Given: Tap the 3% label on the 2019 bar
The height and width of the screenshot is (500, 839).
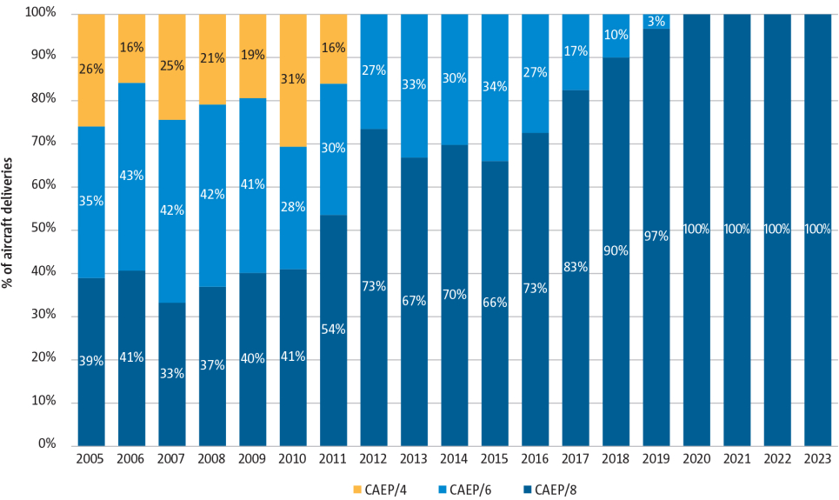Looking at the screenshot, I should [656, 21].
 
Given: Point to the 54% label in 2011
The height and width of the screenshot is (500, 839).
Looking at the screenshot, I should [333, 329].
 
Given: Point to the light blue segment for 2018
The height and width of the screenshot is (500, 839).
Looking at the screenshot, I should [616, 36].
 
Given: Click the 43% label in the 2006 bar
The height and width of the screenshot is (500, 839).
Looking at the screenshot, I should [131, 175].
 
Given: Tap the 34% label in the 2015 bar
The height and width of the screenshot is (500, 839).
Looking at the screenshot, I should [495, 87].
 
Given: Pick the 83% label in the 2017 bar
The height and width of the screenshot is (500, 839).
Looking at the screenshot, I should [576, 267].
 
